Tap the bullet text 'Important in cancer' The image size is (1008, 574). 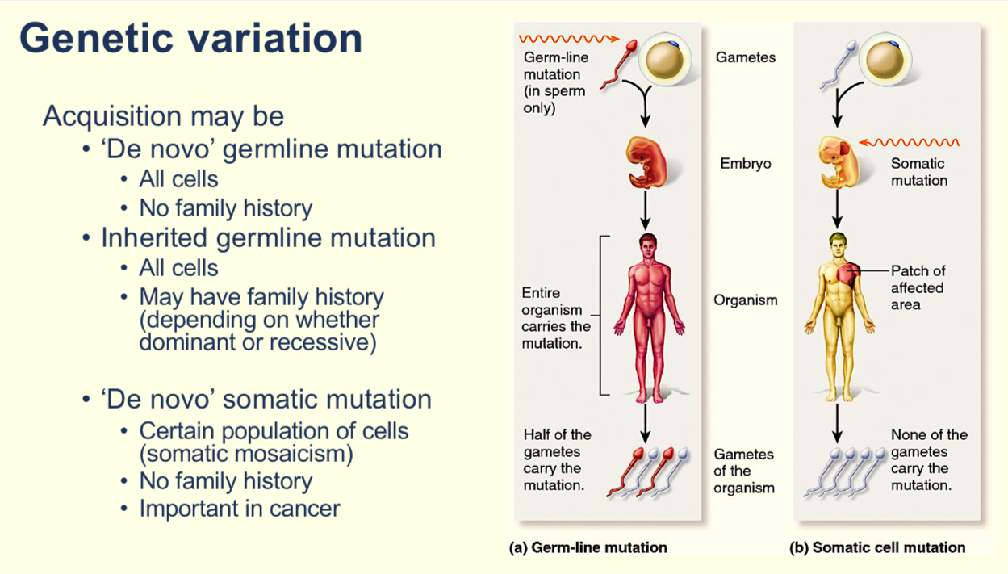(240, 509)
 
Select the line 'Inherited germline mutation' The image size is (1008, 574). (268, 238)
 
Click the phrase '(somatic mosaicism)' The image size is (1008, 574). (246, 454)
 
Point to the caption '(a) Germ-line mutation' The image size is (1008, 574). (588, 547)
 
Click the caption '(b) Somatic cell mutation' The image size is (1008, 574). (877, 547)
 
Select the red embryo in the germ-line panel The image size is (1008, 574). (644, 161)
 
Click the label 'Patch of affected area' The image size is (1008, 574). (918, 287)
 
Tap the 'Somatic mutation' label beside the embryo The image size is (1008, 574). (918, 171)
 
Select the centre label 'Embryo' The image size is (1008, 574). (746, 164)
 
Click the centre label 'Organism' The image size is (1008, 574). (746, 300)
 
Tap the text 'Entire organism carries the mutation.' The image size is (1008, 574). (556, 318)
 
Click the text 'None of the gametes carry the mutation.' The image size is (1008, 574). (928, 460)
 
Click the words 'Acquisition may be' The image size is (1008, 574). (163, 116)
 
